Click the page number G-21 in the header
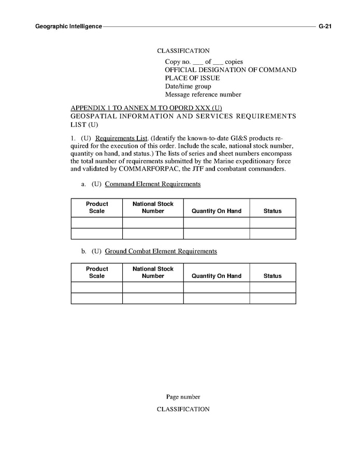[x=325, y=26]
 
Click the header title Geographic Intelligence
[x=68, y=26]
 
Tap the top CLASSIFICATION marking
[x=183, y=51]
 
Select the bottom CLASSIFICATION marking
[x=183, y=409]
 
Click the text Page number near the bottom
[x=183, y=397]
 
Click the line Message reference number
[x=203, y=94]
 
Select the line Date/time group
[x=188, y=86]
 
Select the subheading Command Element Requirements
[x=152, y=184]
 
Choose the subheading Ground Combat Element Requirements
[x=161, y=251]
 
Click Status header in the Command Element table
[x=272, y=211]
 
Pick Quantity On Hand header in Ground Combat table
[x=217, y=276]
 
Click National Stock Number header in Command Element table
[x=153, y=207]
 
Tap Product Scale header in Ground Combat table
[x=97, y=272]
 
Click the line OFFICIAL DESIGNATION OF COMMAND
[x=231, y=70]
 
